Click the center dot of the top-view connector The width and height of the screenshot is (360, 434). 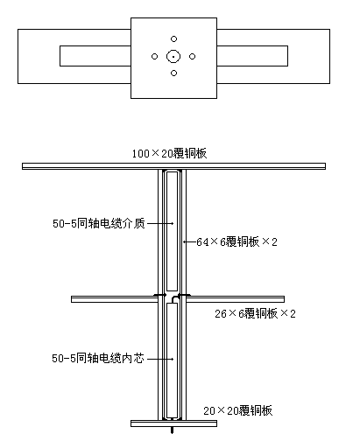click(x=173, y=57)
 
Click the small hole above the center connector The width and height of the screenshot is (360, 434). click(x=173, y=38)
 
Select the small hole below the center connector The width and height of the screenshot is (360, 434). click(x=173, y=73)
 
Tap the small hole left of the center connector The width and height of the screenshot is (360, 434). click(x=154, y=56)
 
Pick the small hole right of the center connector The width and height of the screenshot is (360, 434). click(x=192, y=56)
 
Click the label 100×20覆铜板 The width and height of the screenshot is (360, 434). click(x=169, y=153)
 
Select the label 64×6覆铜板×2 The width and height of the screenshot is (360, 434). click(x=236, y=241)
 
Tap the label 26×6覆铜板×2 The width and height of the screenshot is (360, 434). click(x=255, y=313)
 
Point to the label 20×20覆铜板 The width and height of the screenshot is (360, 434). click(x=238, y=410)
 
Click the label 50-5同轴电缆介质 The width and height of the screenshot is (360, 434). click(x=99, y=223)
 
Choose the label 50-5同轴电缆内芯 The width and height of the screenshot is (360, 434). click(x=98, y=358)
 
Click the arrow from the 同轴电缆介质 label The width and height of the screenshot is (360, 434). click(x=160, y=223)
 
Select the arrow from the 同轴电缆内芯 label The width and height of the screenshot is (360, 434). click(x=160, y=359)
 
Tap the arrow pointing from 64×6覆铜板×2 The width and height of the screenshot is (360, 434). click(x=189, y=241)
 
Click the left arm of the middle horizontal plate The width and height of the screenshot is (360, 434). click(x=115, y=299)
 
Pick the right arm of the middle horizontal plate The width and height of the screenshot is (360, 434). click(x=235, y=299)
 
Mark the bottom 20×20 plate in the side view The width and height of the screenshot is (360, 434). click(x=173, y=423)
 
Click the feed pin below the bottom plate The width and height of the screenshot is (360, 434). click(x=172, y=430)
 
